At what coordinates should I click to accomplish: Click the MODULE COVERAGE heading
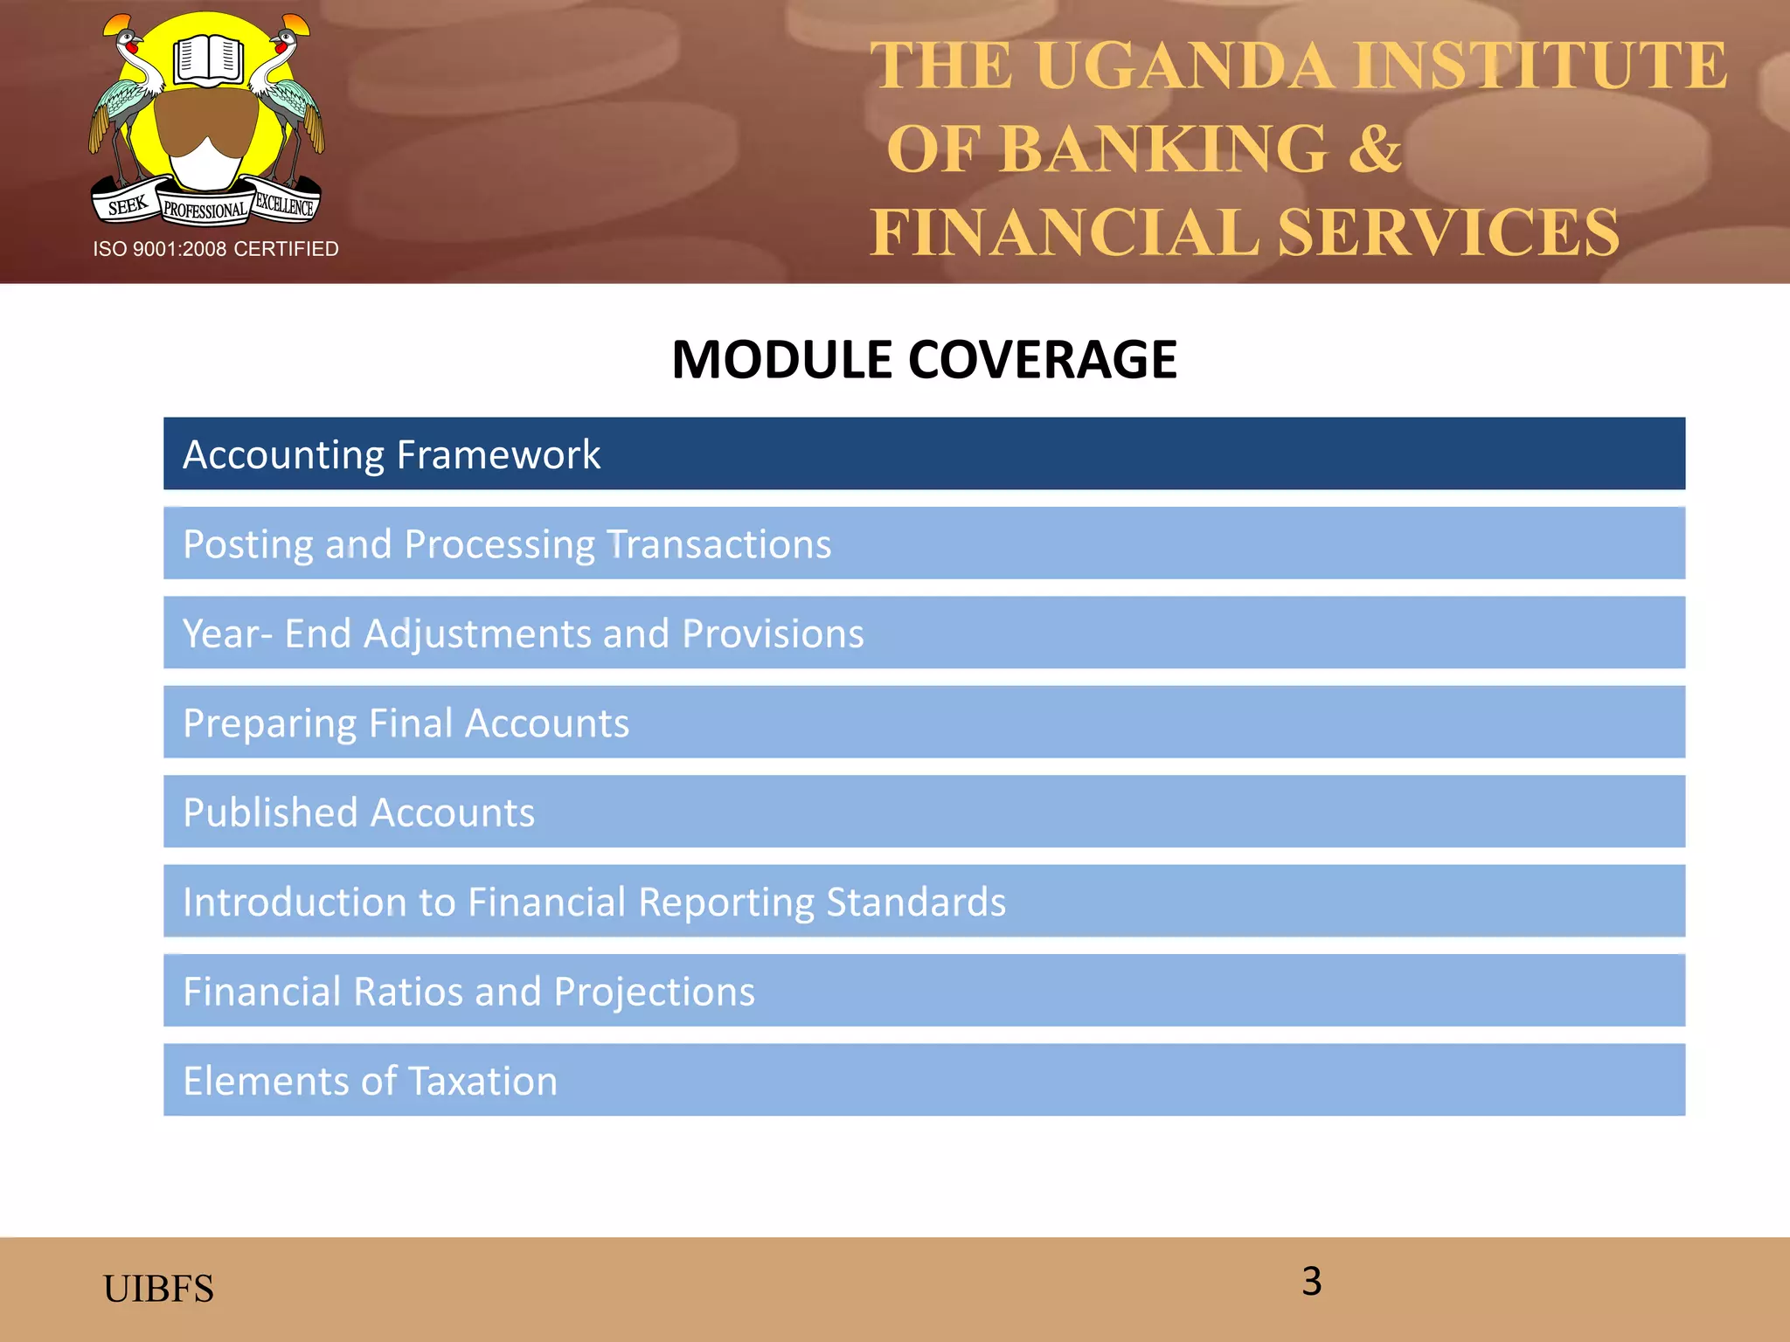[924, 359]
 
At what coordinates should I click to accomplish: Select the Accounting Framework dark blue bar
[924, 453]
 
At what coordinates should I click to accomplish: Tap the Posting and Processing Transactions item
[924, 543]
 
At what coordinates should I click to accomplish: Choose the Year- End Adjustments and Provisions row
[924, 633]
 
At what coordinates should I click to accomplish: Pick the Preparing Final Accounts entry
[924, 723]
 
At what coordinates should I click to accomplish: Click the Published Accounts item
[924, 812]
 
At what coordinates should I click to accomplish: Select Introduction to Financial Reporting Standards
[924, 902]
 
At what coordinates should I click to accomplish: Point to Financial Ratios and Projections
[924, 991]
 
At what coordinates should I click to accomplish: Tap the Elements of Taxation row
[924, 1080]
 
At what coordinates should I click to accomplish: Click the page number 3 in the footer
[1311, 1282]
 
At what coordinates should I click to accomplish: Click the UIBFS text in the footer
[158, 1289]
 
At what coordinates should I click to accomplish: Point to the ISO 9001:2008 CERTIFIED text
[216, 249]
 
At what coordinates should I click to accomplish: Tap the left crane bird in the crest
[127, 96]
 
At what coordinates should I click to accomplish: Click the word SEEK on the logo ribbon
[128, 206]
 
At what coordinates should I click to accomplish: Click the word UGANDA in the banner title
[1184, 66]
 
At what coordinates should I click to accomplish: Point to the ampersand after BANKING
[1374, 149]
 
